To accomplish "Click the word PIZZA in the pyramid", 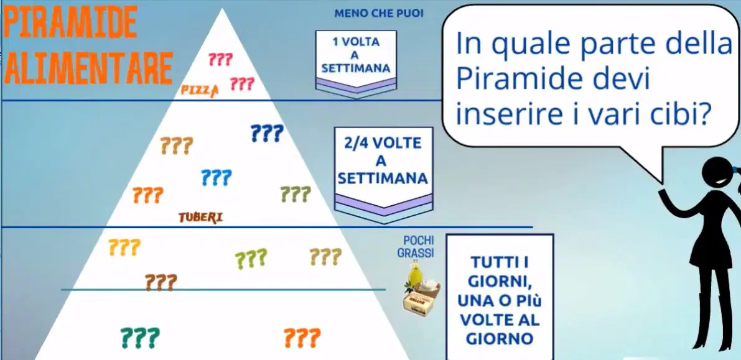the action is (200, 90).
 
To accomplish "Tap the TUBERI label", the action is (200, 218).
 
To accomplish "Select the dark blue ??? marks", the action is (266, 133).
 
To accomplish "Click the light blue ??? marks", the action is (217, 178).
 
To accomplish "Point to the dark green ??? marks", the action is (140, 338).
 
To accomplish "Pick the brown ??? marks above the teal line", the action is (161, 282).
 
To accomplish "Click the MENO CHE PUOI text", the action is (378, 13).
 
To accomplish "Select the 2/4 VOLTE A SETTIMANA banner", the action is (383, 174).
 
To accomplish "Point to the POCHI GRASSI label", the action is (416, 247).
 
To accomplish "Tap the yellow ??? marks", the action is (124, 247).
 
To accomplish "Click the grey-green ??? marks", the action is (296, 194).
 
